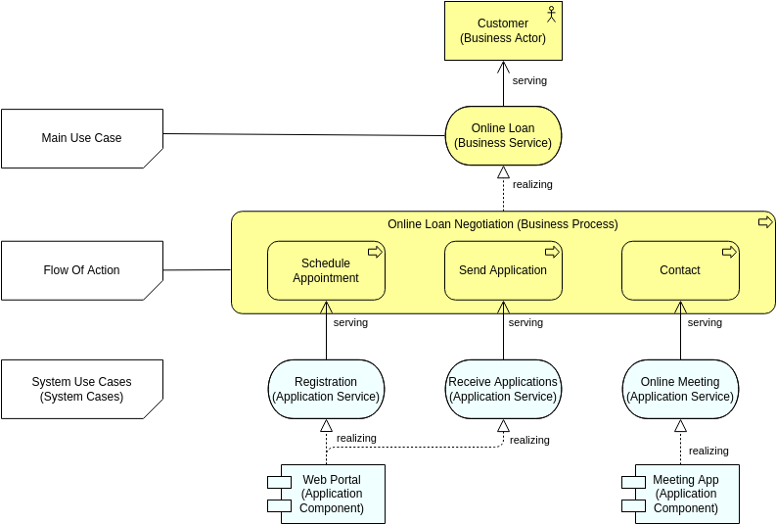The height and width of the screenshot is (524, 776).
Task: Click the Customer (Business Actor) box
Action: click(502, 30)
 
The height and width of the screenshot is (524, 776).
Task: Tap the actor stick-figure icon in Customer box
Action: click(551, 14)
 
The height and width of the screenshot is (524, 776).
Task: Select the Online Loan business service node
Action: click(503, 135)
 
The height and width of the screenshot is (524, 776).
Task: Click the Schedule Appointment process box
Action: click(326, 270)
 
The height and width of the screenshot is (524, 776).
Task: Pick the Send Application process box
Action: click(503, 270)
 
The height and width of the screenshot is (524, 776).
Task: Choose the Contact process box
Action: click(680, 270)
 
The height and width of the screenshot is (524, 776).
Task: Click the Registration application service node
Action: click(326, 389)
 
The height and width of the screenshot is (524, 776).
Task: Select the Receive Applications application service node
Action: click(503, 389)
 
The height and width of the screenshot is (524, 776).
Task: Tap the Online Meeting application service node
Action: click(680, 389)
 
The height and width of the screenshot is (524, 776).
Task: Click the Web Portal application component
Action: click(332, 494)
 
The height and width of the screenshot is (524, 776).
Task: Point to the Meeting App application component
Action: click(686, 494)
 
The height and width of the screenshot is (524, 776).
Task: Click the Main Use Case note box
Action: click(82, 138)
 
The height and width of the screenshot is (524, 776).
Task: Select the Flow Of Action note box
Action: click(82, 270)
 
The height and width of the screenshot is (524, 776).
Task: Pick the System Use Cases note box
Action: click(82, 389)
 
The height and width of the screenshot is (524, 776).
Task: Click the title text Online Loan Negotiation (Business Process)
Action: click(503, 224)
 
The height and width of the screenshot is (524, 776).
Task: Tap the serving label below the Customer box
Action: click(529, 80)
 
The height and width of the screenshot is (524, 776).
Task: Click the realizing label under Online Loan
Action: click(532, 184)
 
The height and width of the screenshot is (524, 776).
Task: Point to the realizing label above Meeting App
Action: click(708, 451)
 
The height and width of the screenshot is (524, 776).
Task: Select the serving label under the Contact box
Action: click(705, 322)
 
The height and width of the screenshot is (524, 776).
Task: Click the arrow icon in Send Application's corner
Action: click(551, 252)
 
